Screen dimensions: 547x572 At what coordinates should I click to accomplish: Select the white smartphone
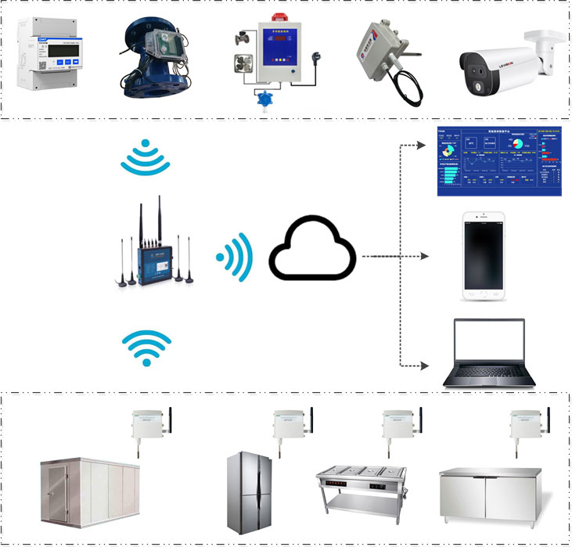482,257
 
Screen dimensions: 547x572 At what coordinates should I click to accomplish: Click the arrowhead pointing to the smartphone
426,256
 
